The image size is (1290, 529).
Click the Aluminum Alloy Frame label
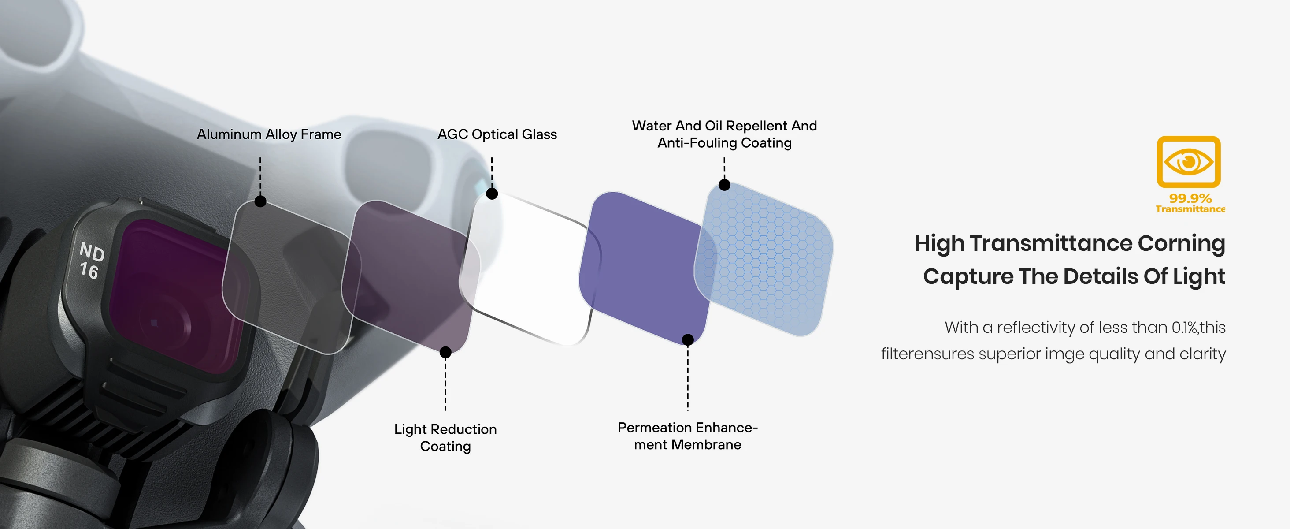[269, 134]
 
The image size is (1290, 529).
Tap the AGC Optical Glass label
[497, 134]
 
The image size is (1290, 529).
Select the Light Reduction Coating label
[445, 437]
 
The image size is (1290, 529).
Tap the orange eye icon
[1188, 162]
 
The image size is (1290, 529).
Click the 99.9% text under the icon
[1190, 198]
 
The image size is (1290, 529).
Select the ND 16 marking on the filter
[91, 261]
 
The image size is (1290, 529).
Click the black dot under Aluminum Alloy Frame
[260, 201]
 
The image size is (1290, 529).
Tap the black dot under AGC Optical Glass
[492, 194]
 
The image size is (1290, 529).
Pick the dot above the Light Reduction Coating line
[445, 353]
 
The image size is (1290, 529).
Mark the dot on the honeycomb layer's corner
[724, 185]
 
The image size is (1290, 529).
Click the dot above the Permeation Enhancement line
[688, 339]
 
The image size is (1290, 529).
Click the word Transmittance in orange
[1190, 209]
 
